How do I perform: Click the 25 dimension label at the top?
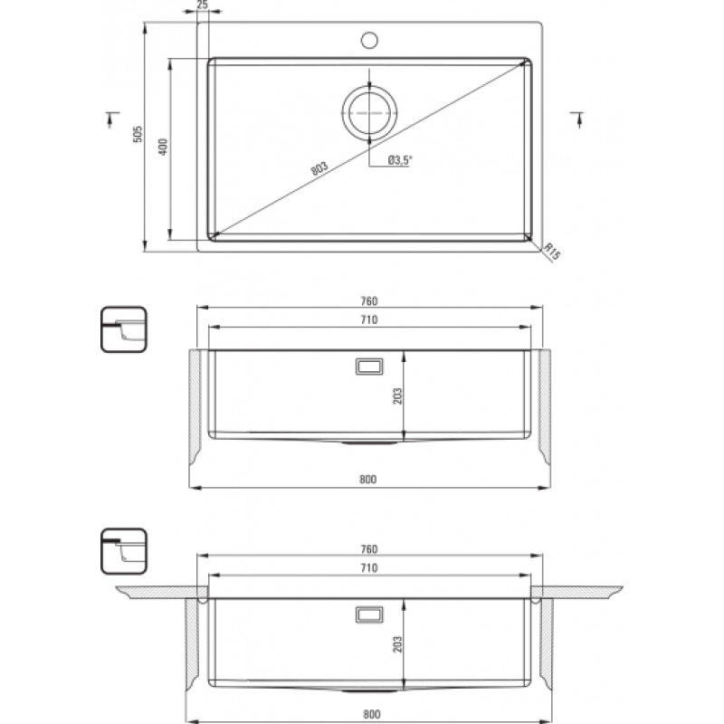click(x=202, y=5)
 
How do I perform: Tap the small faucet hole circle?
click(x=369, y=40)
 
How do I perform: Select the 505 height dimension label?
click(x=138, y=134)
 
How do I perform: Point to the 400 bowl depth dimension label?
click(x=163, y=147)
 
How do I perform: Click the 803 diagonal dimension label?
click(x=319, y=168)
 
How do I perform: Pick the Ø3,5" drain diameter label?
click(x=400, y=160)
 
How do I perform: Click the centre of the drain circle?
click(x=369, y=112)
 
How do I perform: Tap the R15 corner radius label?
click(x=552, y=251)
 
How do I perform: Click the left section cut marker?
click(x=111, y=119)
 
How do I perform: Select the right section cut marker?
click(x=577, y=119)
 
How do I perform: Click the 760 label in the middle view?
click(x=369, y=301)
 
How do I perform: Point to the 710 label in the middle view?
click(x=369, y=319)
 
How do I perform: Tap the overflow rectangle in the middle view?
click(x=369, y=367)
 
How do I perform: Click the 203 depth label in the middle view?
click(x=397, y=395)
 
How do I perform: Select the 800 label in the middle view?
click(x=368, y=480)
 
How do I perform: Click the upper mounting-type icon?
click(x=124, y=329)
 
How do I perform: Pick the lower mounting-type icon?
click(x=124, y=551)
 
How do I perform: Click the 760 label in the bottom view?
click(x=369, y=549)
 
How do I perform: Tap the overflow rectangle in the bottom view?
click(x=369, y=614)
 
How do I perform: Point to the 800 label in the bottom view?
click(x=372, y=714)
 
